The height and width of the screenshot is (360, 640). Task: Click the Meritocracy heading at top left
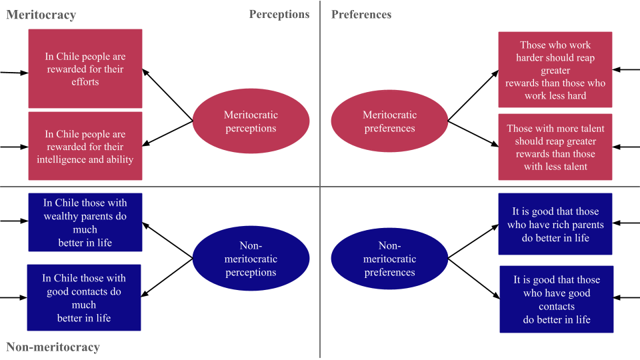coord(41,15)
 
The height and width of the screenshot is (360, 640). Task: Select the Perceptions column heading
coord(279,14)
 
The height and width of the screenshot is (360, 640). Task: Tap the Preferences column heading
coord(361,14)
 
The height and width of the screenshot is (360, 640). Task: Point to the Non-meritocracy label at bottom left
coord(53,347)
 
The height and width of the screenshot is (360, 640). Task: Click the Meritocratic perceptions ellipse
coord(251,121)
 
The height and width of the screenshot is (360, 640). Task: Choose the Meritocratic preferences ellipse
coord(389,121)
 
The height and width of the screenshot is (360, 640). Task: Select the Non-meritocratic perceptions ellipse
coord(251,259)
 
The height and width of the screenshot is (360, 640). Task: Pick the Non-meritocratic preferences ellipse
coord(389,259)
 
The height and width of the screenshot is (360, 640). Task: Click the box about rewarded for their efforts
coord(85,69)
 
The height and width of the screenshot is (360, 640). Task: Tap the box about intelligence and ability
coord(85,146)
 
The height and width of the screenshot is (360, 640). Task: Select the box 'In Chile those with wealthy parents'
coord(85,223)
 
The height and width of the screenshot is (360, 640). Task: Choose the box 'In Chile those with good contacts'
coord(84,297)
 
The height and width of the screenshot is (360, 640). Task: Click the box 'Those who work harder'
coord(555,70)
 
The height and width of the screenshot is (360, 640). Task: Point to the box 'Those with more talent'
coord(555,147)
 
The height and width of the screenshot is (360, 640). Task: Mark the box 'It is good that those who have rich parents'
coord(555,224)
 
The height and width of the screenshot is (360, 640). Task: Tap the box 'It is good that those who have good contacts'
coord(557,299)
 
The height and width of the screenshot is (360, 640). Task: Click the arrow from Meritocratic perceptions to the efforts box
coord(168,95)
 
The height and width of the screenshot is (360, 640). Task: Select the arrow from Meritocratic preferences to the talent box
coord(473,133)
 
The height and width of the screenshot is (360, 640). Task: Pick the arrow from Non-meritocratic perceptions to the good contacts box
coord(168,277)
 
